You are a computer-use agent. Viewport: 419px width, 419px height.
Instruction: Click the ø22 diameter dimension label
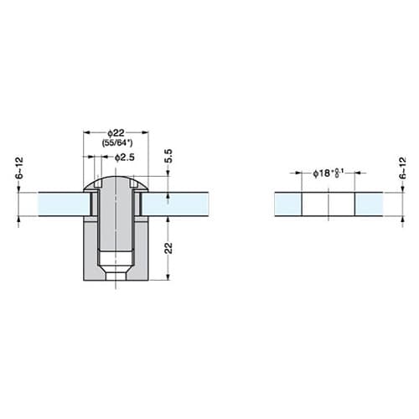coord(116,132)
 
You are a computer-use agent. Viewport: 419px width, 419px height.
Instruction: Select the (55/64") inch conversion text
coord(117,143)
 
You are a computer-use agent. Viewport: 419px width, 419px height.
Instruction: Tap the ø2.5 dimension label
coord(125,158)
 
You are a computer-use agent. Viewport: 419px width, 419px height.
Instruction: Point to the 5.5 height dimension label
coord(168,157)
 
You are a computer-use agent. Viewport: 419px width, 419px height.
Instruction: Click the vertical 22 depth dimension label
coord(168,248)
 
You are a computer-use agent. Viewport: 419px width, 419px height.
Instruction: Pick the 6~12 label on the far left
coord(19,168)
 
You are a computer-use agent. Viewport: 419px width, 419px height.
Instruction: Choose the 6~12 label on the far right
coord(402,168)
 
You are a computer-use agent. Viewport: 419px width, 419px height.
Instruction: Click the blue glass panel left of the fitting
coord(64,204)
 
